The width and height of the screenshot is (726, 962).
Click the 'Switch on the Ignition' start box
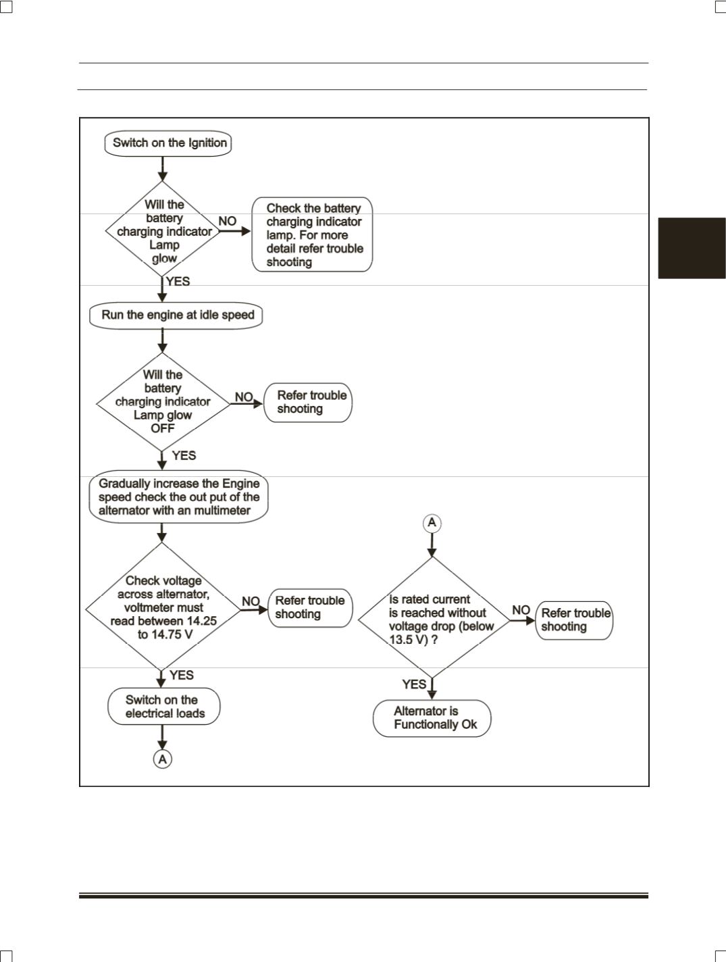[x=167, y=143]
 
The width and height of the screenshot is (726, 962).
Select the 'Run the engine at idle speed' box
[x=176, y=315]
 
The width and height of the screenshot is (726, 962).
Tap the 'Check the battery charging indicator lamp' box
[x=312, y=235]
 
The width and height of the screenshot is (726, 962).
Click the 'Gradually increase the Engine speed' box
[x=178, y=497]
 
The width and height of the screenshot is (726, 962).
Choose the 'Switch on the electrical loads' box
[x=164, y=706]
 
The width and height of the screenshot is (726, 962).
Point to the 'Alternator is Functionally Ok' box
[x=432, y=718]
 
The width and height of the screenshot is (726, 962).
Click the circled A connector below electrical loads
[x=163, y=759]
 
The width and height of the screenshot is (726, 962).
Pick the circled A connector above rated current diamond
[x=432, y=523]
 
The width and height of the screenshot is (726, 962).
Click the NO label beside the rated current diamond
[x=521, y=610]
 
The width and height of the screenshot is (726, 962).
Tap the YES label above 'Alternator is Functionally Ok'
[x=414, y=684]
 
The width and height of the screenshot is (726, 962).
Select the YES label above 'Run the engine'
[x=178, y=281]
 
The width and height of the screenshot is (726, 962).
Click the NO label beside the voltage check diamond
[x=251, y=601]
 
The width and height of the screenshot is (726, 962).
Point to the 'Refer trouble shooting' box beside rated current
[x=574, y=620]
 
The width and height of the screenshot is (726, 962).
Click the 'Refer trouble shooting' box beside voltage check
[x=310, y=608]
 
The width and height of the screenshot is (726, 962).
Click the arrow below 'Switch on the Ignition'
[x=163, y=169]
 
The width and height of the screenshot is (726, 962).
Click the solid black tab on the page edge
[x=692, y=248]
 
